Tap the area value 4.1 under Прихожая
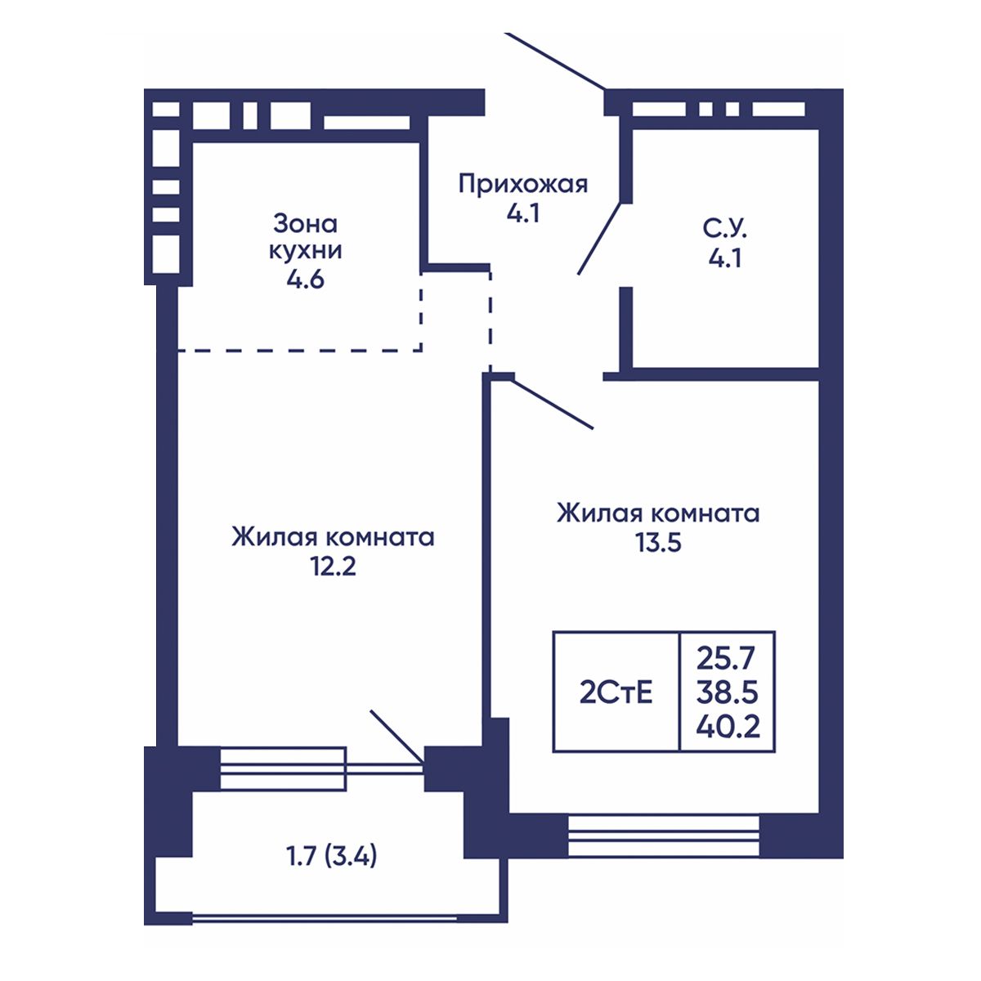[523, 214]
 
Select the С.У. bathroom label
[725, 229]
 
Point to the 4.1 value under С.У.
[725, 258]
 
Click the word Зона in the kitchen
[305, 223]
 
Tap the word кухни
[305, 251]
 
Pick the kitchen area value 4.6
[305, 280]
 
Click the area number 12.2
[333, 566]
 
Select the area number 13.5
[658, 543]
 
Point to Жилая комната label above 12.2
[333, 538]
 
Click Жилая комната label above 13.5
[658, 513]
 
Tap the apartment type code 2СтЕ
[616, 693]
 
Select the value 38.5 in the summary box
[727, 692]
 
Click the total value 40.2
[728, 727]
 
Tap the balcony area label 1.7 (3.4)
[331, 858]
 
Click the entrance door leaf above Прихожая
[556, 61]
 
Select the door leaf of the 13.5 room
[554, 404]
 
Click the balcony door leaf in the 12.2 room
[397, 737]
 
